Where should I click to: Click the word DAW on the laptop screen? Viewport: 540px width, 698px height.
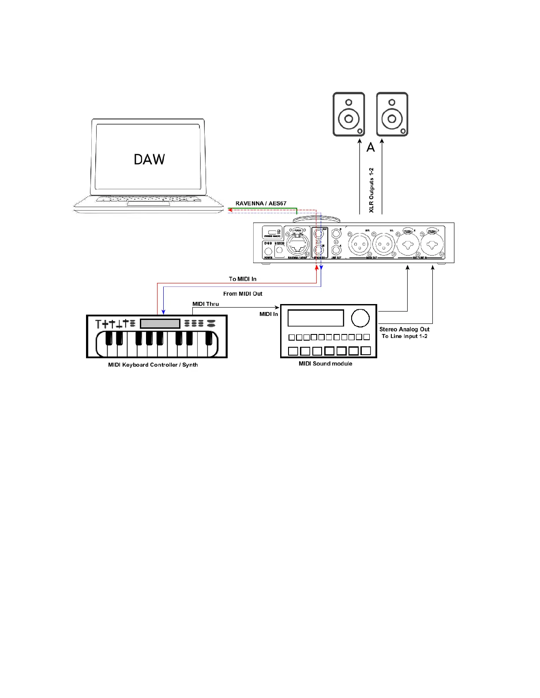(149, 159)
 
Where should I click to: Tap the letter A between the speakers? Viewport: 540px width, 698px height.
(371, 147)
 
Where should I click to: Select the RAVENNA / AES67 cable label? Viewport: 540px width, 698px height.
(261, 204)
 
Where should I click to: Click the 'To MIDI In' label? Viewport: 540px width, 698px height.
(242, 279)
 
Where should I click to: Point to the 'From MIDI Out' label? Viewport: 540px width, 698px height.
(243, 293)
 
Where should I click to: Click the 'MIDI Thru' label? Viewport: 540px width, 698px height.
(206, 304)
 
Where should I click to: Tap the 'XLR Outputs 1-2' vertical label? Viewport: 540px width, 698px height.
(371, 190)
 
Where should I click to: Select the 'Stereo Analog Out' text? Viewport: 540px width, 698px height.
(404, 329)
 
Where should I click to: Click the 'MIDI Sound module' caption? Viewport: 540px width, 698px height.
(326, 364)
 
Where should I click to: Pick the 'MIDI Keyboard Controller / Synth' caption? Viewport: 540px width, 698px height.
(153, 365)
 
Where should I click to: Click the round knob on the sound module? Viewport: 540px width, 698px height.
(360, 318)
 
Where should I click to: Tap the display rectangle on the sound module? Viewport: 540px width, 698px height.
(315, 318)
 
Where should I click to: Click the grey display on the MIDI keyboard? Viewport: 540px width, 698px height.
(160, 323)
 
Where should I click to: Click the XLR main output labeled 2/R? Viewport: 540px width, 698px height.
(360, 244)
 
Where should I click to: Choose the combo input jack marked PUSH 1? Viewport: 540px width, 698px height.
(431, 244)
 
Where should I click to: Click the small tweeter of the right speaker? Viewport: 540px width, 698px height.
(392, 102)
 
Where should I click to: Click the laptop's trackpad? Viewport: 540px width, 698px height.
(148, 204)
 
